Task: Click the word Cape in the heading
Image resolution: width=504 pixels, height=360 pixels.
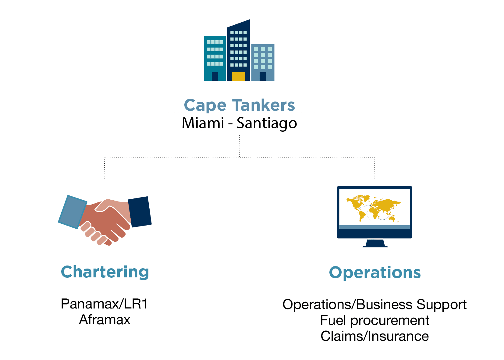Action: (205, 105)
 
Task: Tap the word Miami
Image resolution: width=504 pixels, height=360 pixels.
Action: (203, 123)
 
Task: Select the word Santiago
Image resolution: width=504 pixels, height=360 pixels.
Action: (267, 123)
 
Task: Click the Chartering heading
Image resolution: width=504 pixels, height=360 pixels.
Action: (105, 272)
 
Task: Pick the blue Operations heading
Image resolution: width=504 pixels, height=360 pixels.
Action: (375, 273)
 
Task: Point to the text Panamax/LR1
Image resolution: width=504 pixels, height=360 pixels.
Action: (104, 304)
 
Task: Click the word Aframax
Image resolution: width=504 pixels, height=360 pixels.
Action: (105, 320)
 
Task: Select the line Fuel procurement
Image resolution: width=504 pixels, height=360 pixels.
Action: (375, 320)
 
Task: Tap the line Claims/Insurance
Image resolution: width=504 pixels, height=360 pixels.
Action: (375, 336)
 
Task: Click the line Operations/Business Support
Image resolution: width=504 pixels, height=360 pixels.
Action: (374, 305)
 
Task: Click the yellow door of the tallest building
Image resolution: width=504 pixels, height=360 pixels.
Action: (239, 76)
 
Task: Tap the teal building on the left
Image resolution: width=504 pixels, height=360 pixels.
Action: (215, 58)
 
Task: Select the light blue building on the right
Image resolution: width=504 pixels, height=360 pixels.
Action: (263, 62)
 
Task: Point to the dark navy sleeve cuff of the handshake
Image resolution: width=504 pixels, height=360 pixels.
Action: (140, 212)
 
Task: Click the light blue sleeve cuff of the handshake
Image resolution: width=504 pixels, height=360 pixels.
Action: (73, 212)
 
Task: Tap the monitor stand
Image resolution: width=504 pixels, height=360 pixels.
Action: (375, 243)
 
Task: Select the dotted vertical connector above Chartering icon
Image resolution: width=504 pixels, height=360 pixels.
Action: (105, 168)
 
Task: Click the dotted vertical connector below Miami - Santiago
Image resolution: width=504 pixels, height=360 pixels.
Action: (240, 146)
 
